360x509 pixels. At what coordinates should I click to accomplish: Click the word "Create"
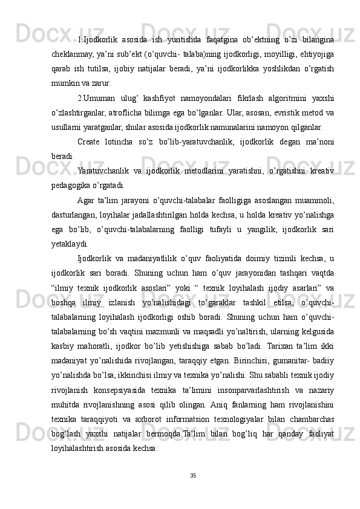pos(90,141)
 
